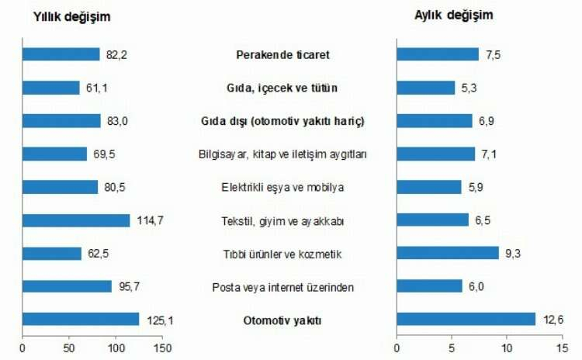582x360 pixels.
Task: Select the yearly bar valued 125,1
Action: pos(81,319)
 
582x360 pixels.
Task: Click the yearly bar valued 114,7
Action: pos(76,220)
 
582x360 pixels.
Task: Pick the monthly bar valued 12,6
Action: pos(466,319)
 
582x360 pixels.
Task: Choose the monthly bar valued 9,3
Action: pos(448,253)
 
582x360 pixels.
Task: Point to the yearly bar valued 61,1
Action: pos(51,88)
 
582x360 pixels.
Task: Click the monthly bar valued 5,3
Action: pos(426,88)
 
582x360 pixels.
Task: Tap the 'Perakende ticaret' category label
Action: pos(282,55)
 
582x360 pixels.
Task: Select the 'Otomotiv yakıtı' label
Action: pos(282,320)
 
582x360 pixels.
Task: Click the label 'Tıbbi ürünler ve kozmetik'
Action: pos(282,254)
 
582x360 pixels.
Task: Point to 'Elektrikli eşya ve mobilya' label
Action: pos(282,188)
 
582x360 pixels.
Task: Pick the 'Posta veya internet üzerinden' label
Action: pos(282,288)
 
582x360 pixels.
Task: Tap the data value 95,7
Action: pos(127,286)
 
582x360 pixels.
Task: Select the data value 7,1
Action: pos(487,154)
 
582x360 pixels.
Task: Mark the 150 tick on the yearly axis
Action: pos(162,348)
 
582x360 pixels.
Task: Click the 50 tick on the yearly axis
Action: pos(69,348)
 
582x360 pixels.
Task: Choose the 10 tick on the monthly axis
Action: pos(507,348)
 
